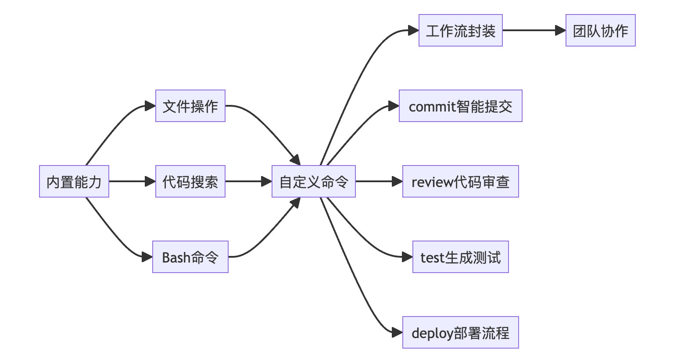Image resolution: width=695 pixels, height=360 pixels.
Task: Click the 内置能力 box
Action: click(x=74, y=181)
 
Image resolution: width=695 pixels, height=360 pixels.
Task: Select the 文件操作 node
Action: click(x=190, y=106)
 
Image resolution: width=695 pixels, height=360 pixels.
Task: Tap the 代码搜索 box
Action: click(x=190, y=181)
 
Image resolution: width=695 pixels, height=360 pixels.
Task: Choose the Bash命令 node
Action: click(x=190, y=257)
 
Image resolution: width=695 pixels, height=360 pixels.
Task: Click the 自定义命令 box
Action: click(x=314, y=181)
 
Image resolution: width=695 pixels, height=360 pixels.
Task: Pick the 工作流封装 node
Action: click(x=461, y=30)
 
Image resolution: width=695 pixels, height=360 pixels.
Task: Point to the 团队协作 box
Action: click(x=601, y=30)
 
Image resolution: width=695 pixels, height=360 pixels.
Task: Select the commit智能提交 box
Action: click(x=461, y=106)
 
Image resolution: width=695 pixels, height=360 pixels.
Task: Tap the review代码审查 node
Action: click(x=461, y=181)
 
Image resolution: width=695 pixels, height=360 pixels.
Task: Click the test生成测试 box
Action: click(x=461, y=257)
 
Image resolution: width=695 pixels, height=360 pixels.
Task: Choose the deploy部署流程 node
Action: click(x=461, y=332)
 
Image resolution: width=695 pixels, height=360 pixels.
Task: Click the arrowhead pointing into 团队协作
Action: click(x=560, y=30)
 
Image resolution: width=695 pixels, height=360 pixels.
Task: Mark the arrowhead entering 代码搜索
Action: click(x=150, y=181)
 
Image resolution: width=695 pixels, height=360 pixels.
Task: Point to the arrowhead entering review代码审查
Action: click(x=397, y=181)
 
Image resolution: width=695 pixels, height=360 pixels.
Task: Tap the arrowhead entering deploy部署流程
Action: click(x=397, y=332)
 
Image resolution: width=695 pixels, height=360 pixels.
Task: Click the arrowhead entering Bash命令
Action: click(x=147, y=257)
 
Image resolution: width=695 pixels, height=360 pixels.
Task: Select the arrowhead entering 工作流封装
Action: click(x=413, y=30)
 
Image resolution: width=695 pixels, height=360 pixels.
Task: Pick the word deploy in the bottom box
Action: click(x=432, y=333)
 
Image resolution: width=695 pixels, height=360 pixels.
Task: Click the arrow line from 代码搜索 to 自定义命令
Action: click(x=246, y=181)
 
